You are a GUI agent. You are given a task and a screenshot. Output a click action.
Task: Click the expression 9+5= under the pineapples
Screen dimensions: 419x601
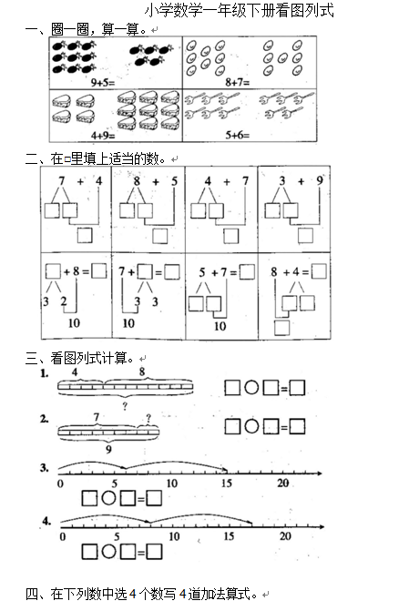[x=103, y=82]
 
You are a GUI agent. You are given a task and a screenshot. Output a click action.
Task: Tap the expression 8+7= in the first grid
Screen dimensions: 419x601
[x=238, y=82]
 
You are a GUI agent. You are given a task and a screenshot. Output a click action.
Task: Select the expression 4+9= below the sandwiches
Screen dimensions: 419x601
[x=103, y=135]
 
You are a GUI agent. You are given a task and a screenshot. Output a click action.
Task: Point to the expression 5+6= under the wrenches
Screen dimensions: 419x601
[x=238, y=135]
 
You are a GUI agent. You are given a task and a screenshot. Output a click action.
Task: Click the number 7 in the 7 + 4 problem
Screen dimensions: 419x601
[x=62, y=180]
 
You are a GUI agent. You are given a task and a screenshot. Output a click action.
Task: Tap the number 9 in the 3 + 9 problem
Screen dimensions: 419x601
[x=320, y=180]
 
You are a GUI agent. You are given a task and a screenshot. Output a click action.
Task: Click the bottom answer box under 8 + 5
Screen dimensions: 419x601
[x=159, y=236]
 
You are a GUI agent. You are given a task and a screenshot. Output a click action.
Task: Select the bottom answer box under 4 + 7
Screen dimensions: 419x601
[x=231, y=236]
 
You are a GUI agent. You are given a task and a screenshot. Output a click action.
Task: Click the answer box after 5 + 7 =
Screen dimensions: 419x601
[x=247, y=271]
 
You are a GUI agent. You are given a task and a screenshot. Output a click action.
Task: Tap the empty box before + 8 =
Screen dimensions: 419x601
[x=53, y=271]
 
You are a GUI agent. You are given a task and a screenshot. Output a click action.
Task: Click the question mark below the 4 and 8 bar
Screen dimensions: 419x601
[x=125, y=406]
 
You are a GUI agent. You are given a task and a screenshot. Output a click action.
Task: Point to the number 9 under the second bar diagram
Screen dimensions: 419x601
[x=108, y=449]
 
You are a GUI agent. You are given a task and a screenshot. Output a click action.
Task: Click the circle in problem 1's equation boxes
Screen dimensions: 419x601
[x=251, y=388]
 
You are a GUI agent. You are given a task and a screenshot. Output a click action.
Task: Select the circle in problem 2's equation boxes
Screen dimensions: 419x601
[x=251, y=426]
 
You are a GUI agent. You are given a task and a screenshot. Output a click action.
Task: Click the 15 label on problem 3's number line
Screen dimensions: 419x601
[x=227, y=483]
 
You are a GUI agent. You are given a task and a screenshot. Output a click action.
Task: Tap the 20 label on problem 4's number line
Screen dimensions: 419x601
[x=285, y=535]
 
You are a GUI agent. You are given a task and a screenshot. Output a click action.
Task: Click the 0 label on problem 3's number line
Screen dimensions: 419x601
[x=60, y=484]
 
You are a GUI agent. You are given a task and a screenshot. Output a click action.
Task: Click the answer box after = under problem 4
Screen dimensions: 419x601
[x=155, y=552]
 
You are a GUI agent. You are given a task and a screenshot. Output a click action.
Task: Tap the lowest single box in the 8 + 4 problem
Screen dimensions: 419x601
[x=281, y=328]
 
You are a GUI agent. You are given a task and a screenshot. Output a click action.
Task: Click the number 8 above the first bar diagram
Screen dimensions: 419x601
[x=142, y=372]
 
